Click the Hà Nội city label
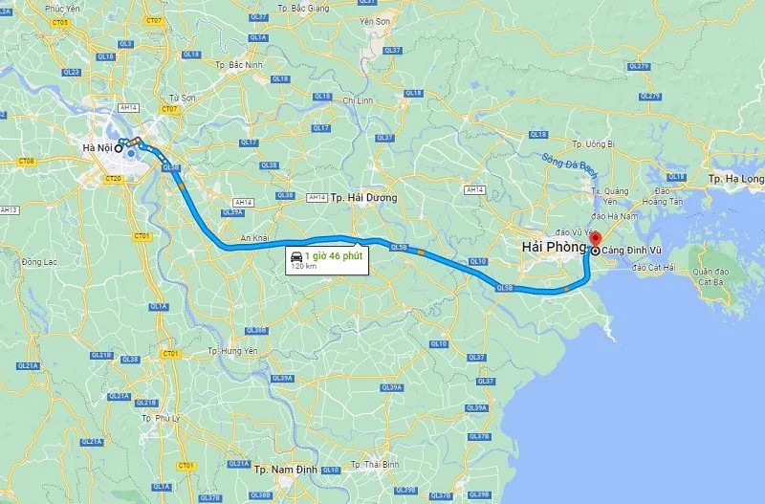pyautogui.click(x=97, y=147)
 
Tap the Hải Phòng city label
pyautogui.click(x=554, y=248)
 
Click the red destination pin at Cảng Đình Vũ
pyautogui.click(x=595, y=239)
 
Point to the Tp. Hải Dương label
pyautogui.click(x=363, y=198)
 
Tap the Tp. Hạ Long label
pyautogui.click(x=735, y=179)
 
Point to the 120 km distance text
pyautogui.click(x=305, y=266)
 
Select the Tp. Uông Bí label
pyautogui.click(x=593, y=143)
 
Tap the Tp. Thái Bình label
pyautogui.click(x=375, y=465)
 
